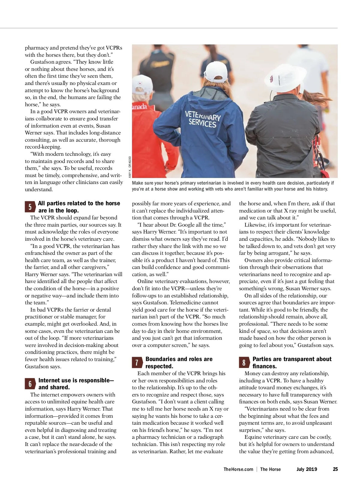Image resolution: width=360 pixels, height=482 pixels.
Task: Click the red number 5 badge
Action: click(x=30, y=207)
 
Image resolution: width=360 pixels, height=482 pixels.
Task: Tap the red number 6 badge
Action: click(x=30, y=384)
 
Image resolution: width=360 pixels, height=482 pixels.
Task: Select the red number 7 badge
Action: click(x=137, y=363)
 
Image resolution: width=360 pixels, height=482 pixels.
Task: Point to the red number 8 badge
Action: click(x=244, y=363)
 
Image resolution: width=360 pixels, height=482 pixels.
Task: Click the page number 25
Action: click(x=335, y=469)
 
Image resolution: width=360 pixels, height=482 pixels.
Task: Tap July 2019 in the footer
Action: click(x=307, y=469)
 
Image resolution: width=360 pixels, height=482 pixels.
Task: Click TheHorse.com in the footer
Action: click(x=238, y=469)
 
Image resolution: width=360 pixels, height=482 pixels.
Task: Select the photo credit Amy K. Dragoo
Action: click(x=130, y=167)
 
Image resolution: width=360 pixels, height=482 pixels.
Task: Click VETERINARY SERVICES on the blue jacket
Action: click(x=202, y=119)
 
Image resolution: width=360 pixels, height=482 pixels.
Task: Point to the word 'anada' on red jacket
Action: click(x=139, y=107)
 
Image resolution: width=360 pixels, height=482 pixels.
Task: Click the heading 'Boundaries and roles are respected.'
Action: click(x=179, y=363)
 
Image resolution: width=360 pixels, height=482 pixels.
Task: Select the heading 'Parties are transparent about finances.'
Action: click(x=292, y=363)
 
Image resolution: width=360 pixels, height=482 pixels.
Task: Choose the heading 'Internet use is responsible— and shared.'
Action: click(x=76, y=384)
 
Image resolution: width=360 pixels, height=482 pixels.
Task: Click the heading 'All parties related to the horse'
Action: click(x=79, y=203)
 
